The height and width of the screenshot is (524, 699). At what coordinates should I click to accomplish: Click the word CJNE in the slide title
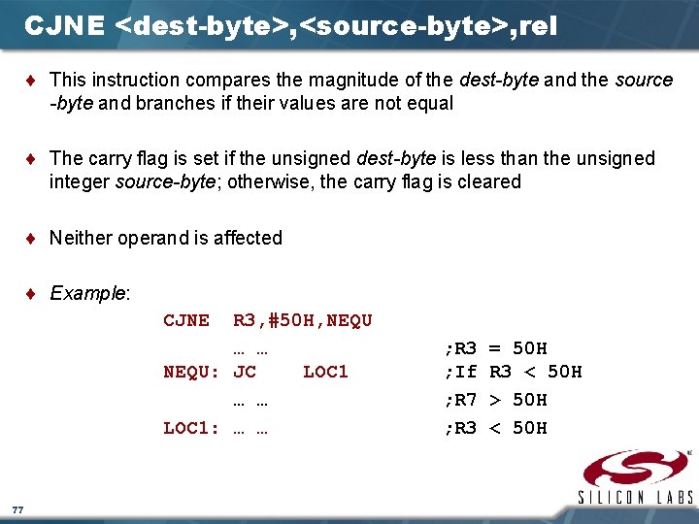click(64, 25)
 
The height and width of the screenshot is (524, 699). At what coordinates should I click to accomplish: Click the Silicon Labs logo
click(635, 476)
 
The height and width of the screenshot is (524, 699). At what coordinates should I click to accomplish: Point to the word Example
click(88, 293)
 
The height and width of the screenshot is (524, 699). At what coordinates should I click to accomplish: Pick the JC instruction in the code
click(245, 372)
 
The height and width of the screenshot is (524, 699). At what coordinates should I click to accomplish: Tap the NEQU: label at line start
click(190, 372)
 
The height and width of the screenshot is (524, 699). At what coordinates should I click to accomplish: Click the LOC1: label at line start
click(190, 428)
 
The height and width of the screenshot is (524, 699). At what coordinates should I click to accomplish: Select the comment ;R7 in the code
click(460, 400)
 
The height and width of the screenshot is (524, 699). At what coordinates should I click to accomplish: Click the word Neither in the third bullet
click(81, 238)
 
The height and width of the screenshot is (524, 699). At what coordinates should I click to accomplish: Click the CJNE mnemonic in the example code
click(185, 320)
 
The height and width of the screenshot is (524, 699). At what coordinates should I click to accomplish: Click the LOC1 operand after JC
click(325, 372)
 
